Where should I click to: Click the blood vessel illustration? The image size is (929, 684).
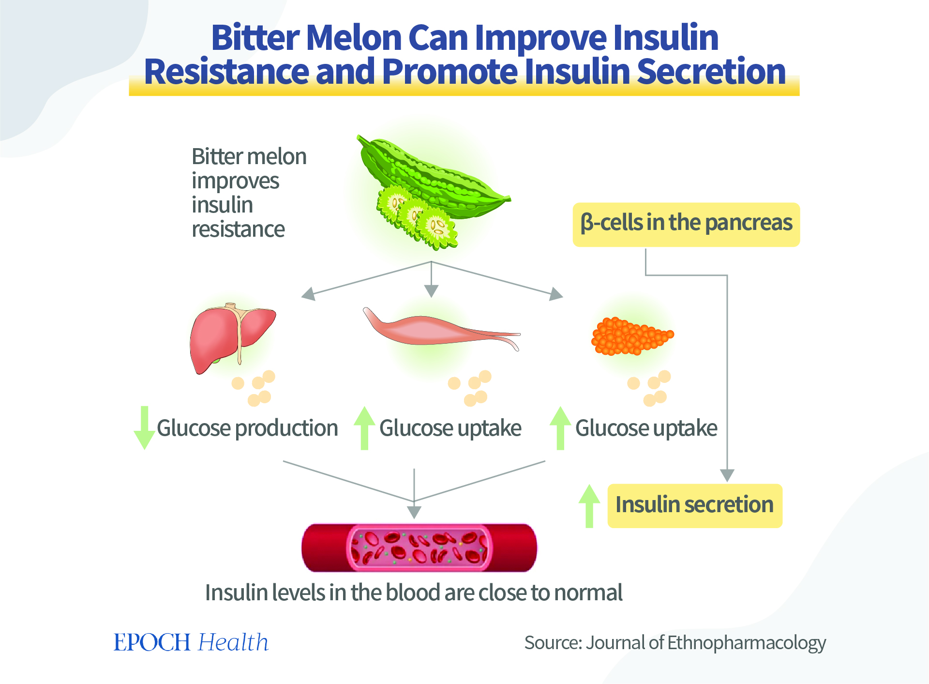point(419,547)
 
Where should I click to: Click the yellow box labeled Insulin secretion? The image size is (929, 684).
point(694,505)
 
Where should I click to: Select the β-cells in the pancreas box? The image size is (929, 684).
point(686,225)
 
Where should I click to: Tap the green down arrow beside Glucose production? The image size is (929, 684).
point(144,428)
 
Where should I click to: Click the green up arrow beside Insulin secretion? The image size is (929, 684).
point(589,506)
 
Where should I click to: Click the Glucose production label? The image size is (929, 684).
point(247,428)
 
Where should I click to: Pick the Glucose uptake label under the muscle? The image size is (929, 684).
point(450,428)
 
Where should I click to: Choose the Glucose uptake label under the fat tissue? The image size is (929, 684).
point(646,428)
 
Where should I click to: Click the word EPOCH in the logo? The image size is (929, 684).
point(152,642)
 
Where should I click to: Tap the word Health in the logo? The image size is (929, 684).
point(233,642)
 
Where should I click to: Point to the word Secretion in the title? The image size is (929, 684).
point(711,71)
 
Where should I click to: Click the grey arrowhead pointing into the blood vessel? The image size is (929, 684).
point(414,512)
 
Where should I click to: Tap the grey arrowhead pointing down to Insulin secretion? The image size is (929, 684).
point(727,475)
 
